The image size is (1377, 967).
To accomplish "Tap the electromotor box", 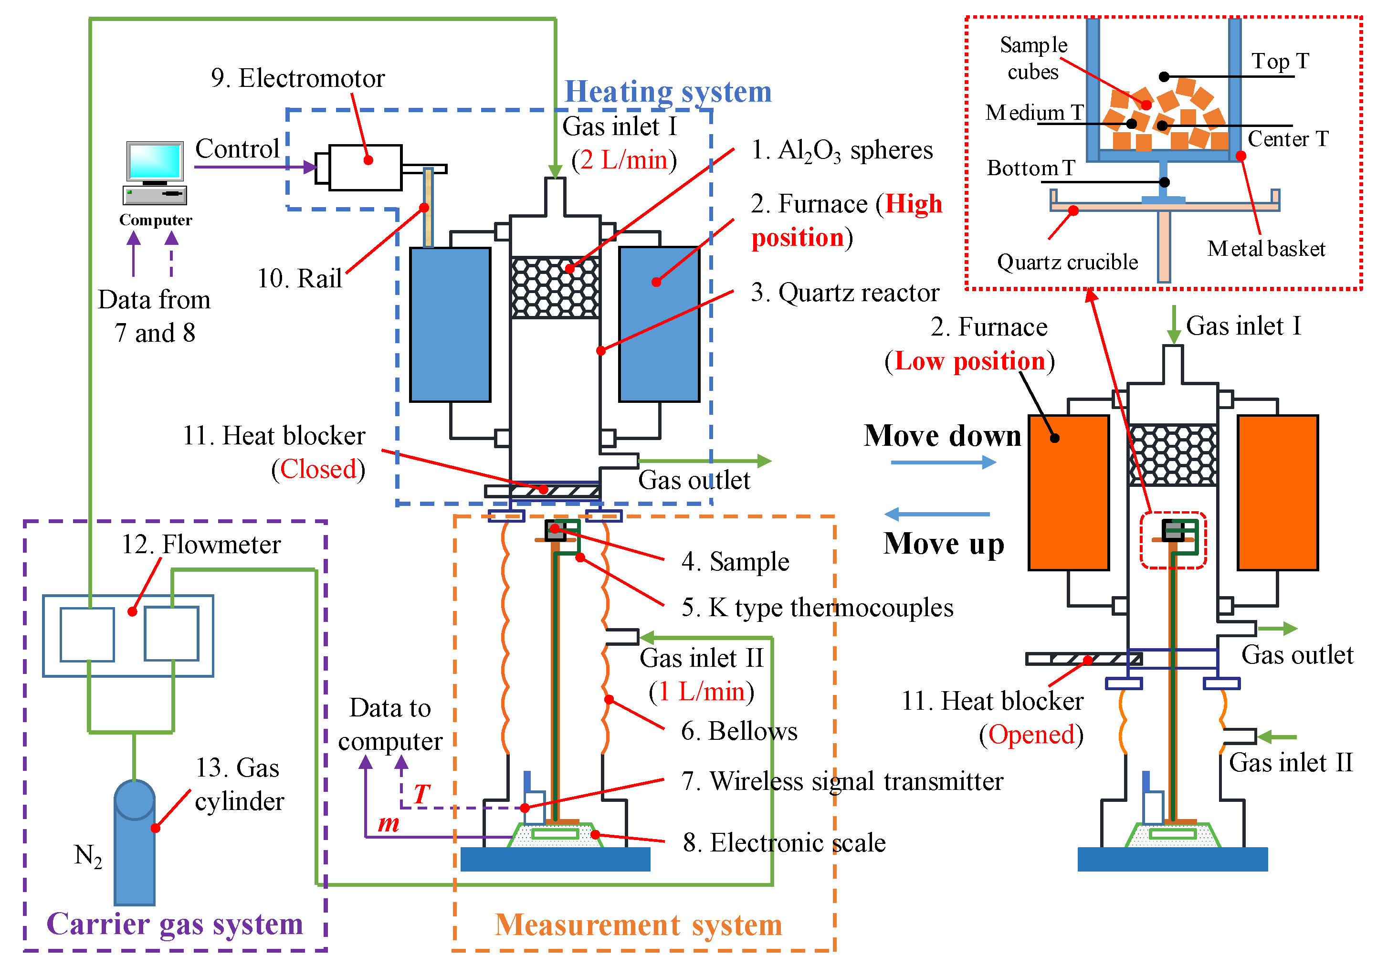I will point(365,168).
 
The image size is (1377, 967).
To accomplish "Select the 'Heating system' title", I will point(668,92).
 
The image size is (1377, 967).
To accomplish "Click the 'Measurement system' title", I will point(638,925).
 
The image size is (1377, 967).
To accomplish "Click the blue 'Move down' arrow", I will point(942,462).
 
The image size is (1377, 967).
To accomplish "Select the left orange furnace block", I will point(1068,492).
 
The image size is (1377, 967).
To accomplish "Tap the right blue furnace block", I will point(659,324).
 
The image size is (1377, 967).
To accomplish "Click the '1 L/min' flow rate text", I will point(701,692).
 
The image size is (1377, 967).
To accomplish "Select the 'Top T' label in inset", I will point(1279,61).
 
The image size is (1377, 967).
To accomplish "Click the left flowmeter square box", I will point(87,635).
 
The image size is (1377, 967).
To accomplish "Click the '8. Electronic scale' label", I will point(783,843).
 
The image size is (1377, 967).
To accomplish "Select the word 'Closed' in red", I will point(318,469).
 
